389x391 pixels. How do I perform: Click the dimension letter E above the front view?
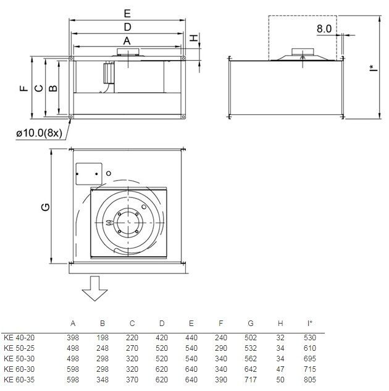[127, 14]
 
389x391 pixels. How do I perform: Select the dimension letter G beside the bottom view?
[46, 207]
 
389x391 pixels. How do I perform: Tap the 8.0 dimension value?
[324, 28]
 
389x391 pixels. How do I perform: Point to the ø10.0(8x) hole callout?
[40, 133]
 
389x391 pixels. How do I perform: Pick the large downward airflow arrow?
[95, 288]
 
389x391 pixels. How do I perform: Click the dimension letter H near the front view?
[194, 38]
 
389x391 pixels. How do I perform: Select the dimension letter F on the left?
[24, 88]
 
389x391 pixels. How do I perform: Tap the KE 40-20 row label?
[19, 338]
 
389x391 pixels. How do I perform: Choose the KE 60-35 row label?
[19, 380]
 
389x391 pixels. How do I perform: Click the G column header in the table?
[251, 324]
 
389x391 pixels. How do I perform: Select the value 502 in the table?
[251, 338]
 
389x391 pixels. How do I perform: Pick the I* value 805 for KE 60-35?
[310, 380]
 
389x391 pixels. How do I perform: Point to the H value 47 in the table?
[280, 369]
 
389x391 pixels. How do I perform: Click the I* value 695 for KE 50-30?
[310, 359]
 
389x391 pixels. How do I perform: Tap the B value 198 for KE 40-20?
[102, 338]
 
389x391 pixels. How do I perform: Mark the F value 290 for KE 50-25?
[221, 348]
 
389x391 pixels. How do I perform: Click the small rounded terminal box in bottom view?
[89, 174]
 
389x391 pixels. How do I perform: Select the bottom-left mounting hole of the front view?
[71, 117]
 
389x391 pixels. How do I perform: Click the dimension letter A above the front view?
[127, 41]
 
